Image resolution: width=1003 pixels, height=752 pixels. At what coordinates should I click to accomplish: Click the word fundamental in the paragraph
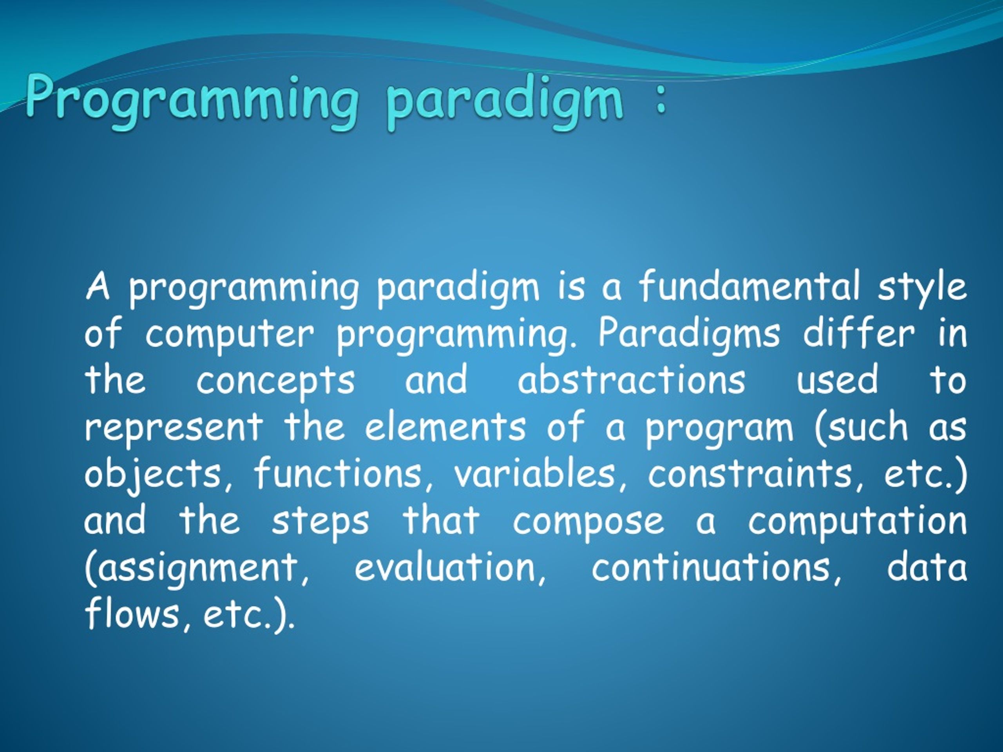coord(749,286)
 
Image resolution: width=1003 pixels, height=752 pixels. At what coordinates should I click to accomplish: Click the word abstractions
coord(632,380)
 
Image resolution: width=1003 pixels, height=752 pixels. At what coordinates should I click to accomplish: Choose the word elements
coord(445,426)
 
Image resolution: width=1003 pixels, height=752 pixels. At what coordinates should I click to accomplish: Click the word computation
coord(857,522)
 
